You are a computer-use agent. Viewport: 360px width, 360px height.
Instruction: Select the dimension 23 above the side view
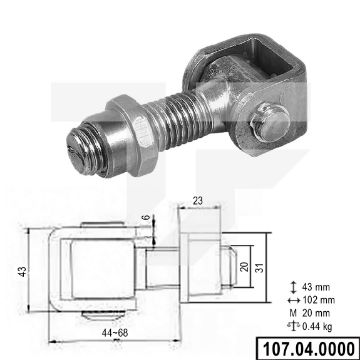coord(196,201)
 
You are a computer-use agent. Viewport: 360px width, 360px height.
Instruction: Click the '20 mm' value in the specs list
coord(319,285)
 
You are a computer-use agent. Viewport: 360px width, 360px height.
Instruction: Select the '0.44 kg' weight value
coord(319,298)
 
